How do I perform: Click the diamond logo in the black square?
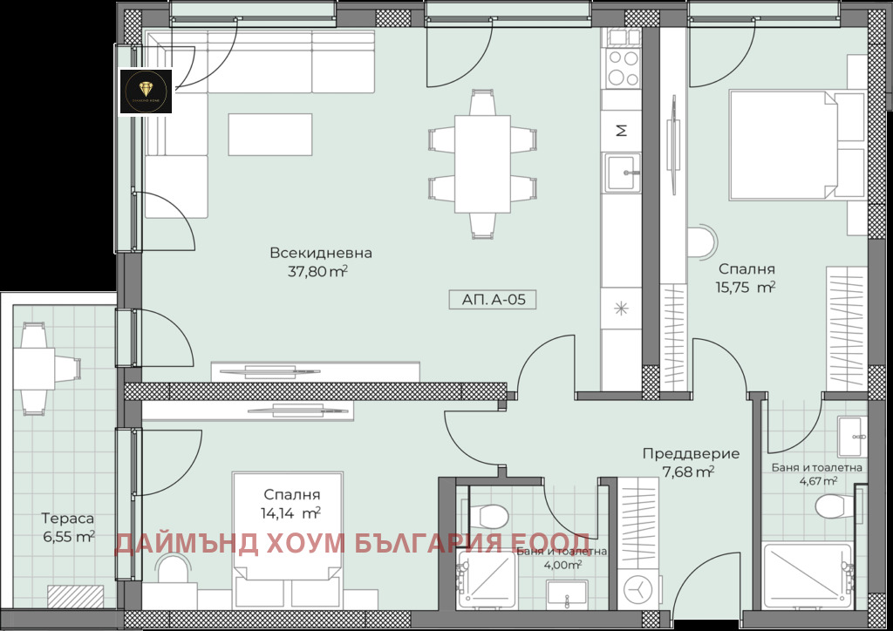coord(145,90)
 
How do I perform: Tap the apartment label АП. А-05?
coord(493,300)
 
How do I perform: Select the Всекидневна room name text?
coord(320,254)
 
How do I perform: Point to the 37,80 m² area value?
coord(317,271)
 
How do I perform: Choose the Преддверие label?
coord(691,453)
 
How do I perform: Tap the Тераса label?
coord(67,519)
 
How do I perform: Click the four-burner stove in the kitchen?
coord(622,67)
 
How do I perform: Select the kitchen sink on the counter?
coord(622,171)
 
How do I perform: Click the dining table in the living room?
coord(482,163)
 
